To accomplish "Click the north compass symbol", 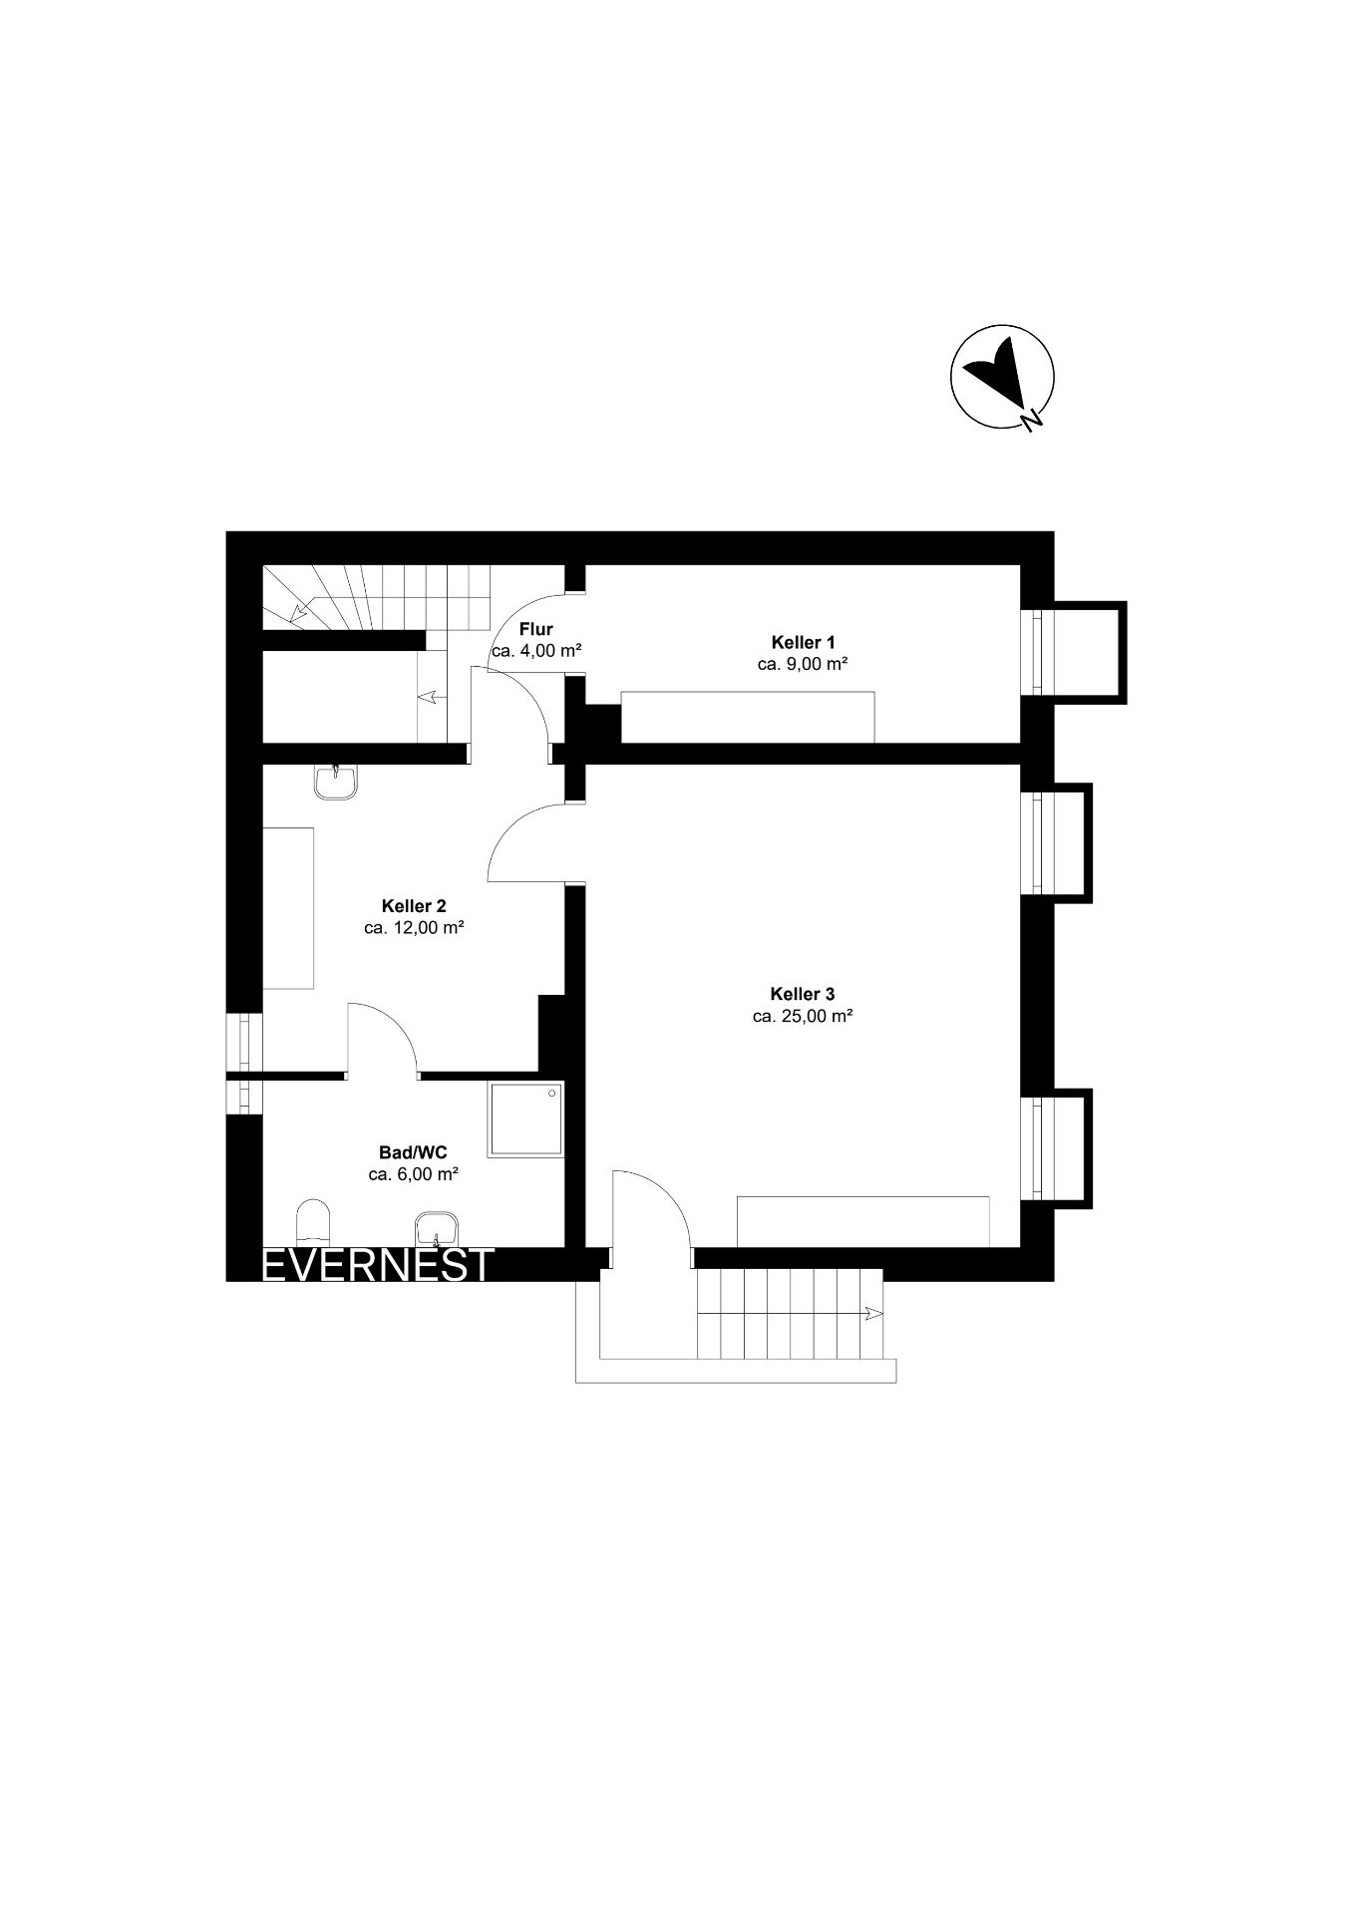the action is (x=1001, y=377).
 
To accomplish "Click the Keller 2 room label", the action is (x=414, y=906).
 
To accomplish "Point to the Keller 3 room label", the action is (x=802, y=994).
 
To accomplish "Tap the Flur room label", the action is (x=536, y=629).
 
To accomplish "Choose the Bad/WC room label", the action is (x=413, y=1152).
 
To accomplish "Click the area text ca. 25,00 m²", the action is (x=802, y=1017).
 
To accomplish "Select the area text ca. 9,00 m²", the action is (x=803, y=664).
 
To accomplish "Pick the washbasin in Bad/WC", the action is (x=436, y=1229).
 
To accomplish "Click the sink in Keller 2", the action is (x=336, y=782).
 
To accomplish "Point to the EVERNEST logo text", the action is (x=378, y=1264).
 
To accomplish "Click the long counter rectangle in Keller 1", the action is (x=748, y=716).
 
